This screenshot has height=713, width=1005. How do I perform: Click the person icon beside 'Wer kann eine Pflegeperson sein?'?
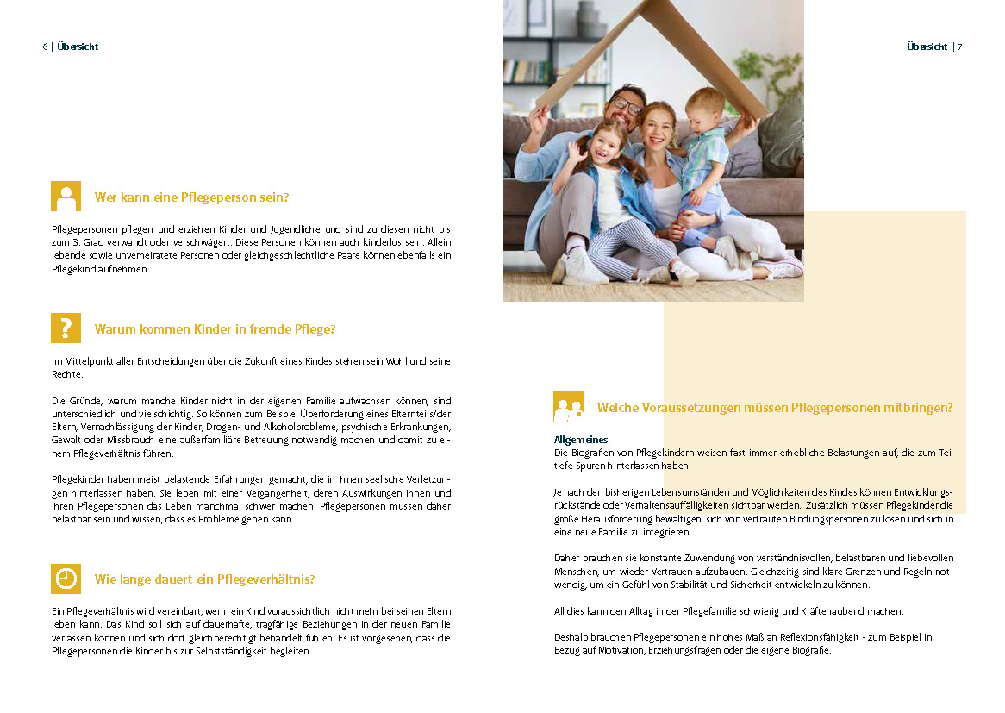point(66,197)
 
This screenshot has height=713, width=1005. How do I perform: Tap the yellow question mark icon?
point(66,328)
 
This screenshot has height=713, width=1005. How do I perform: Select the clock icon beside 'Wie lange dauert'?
point(66,579)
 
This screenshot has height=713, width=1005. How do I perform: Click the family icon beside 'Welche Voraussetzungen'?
point(568,407)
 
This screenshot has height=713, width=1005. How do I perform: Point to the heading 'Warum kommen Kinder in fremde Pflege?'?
point(215,329)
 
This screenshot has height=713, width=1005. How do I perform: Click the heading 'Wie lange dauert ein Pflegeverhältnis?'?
point(204,579)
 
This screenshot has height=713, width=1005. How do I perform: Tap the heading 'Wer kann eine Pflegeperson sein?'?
point(191,197)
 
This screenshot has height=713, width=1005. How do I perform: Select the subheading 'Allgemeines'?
point(581,440)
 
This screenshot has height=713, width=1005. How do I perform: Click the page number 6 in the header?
point(45,47)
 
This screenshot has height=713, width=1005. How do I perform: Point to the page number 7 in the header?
point(959,47)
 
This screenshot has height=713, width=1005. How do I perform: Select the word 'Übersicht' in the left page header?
point(78,47)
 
